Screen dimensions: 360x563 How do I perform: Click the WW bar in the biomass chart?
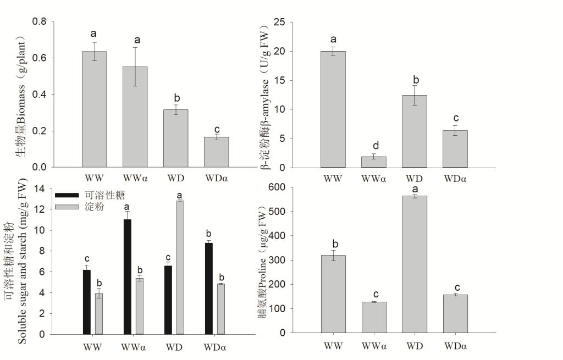click(x=94, y=110)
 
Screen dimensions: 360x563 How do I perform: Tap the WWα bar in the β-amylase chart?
click(x=373, y=162)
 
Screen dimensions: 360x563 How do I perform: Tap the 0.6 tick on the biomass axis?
click(x=39, y=58)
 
